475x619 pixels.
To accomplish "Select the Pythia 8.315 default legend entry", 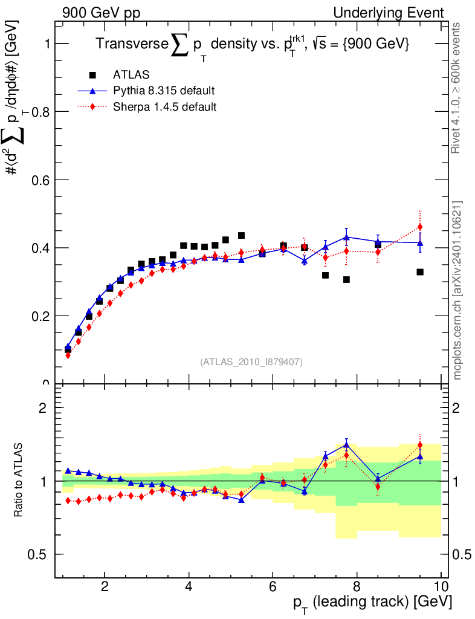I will pos(164,91).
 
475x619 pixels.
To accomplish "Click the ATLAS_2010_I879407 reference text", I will pos(251,362).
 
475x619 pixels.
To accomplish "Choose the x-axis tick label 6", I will pos(273,586).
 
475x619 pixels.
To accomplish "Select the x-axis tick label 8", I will pos(357,586).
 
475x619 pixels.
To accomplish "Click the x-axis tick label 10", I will pos(441,586).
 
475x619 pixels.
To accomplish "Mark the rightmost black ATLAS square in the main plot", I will pos(420,272).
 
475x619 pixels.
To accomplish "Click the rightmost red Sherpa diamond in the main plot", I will pos(420,227).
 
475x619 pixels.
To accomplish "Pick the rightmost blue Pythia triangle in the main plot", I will pos(420,242).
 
